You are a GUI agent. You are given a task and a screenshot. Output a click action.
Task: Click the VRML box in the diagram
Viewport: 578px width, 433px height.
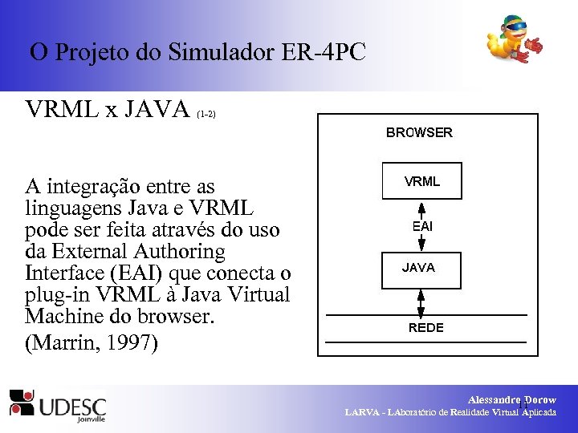click(421, 181)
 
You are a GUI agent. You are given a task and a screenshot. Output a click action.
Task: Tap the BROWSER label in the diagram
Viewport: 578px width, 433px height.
click(419, 133)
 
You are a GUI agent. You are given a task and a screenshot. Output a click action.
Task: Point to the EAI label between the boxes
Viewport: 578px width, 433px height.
click(422, 227)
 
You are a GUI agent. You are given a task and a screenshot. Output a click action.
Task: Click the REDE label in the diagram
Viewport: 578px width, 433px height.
click(425, 328)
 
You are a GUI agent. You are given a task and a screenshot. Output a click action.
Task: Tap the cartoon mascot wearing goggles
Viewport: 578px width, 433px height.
click(515, 41)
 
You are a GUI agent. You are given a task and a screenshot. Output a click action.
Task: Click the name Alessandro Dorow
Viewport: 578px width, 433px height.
click(512, 399)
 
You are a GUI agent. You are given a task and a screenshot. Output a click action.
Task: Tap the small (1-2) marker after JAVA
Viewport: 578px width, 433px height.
click(206, 115)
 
